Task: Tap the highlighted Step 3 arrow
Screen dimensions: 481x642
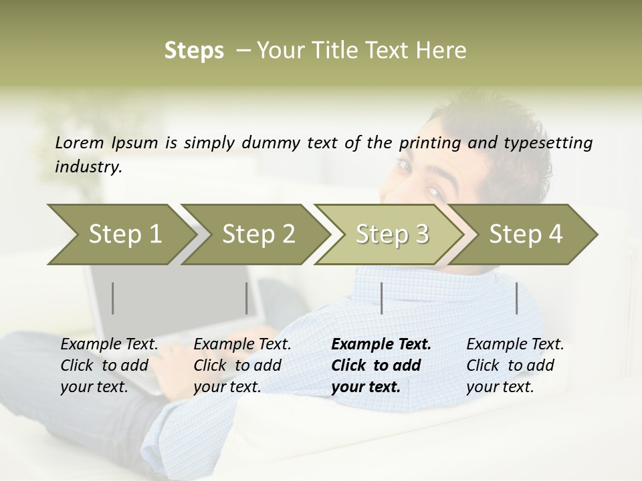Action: [392, 234]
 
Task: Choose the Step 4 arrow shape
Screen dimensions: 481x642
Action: [526, 234]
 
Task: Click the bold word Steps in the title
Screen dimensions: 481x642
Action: [194, 50]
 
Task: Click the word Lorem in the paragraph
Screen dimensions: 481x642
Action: [80, 142]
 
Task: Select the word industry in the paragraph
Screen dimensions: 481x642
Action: [88, 167]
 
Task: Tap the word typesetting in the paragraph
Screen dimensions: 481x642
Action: [552, 143]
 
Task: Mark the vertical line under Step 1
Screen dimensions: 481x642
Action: [113, 298]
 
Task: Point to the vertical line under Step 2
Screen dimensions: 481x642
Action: [247, 298]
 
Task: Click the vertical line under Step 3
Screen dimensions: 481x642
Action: [381, 298]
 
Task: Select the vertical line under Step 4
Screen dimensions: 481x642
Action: [517, 298]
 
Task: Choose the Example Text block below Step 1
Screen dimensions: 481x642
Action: [109, 365]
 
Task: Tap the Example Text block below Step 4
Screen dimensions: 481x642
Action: [515, 365]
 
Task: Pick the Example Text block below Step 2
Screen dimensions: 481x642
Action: [242, 365]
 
